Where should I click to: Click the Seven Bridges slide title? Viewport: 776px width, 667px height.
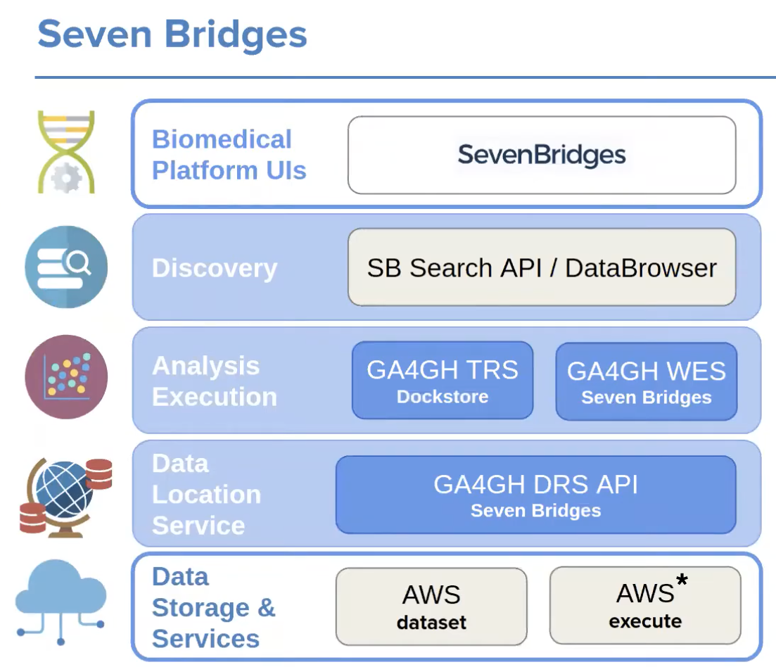(172, 34)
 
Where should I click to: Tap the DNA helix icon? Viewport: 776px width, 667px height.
(66, 152)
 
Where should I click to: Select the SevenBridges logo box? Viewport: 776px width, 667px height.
(542, 155)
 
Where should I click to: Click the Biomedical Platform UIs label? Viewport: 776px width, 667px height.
(229, 155)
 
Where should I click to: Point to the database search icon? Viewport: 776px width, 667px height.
(66, 267)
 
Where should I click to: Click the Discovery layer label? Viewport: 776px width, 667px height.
(215, 268)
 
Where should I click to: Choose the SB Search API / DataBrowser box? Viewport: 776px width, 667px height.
(542, 267)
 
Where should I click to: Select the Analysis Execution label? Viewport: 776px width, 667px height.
(215, 381)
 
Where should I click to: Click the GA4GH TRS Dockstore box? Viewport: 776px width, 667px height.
(443, 381)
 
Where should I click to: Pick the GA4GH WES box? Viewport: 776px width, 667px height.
(646, 381)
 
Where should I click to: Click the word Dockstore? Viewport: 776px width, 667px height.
(443, 397)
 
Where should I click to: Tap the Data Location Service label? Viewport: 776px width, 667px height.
(206, 495)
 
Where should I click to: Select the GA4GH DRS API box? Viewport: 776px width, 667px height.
(535, 495)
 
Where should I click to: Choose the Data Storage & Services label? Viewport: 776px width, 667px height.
(213, 608)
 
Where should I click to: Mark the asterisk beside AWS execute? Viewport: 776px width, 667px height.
(681, 581)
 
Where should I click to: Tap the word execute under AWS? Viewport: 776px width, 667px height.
(645, 621)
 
